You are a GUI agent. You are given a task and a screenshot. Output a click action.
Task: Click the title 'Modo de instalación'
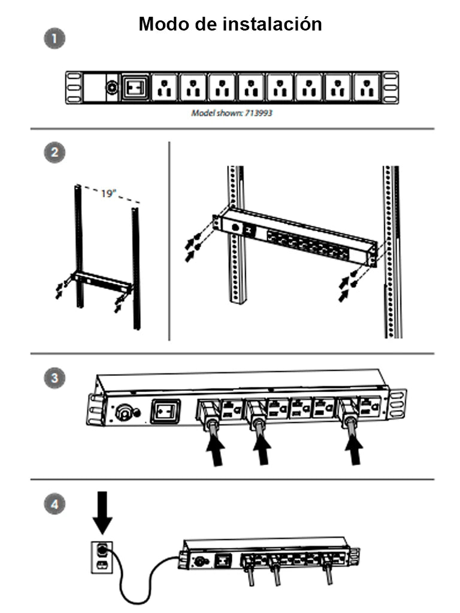pyautogui.click(x=230, y=24)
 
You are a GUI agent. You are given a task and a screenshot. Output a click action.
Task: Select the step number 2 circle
pyautogui.click(x=55, y=152)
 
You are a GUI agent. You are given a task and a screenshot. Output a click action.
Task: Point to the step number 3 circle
pyautogui.click(x=55, y=378)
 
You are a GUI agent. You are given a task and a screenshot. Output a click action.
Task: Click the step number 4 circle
pyautogui.click(x=55, y=504)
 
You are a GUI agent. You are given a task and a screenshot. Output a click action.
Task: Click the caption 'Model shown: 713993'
pyautogui.click(x=231, y=113)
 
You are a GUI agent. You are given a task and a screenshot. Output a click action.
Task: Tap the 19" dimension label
pyautogui.click(x=108, y=194)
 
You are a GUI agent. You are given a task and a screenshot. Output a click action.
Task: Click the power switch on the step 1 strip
pyautogui.click(x=135, y=87)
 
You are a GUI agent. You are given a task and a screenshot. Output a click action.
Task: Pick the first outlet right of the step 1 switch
pyautogui.click(x=164, y=87)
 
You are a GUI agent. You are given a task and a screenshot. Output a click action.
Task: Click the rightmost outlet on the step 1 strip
pyautogui.click(x=367, y=87)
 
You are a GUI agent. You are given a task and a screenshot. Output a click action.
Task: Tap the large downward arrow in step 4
pyautogui.click(x=102, y=512)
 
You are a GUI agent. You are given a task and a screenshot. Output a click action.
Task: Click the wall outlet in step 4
pyautogui.click(x=102, y=556)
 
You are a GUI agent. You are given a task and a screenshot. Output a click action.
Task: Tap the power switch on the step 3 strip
pyautogui.click(x=165, y=412)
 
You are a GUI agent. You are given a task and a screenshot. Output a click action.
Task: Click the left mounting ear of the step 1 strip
pyautogui.click(x=73, y=87)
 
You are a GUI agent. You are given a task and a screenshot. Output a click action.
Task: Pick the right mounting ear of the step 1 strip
pyautogui.click(x=391, y=87)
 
